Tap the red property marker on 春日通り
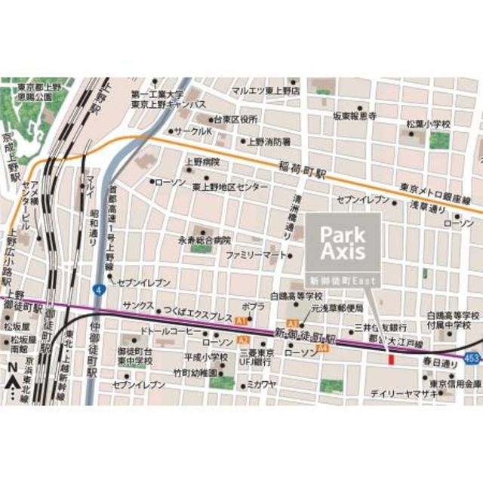[x=390, y=359]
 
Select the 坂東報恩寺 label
[x=354, y=116]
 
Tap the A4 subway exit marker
[x=323, y=349]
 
